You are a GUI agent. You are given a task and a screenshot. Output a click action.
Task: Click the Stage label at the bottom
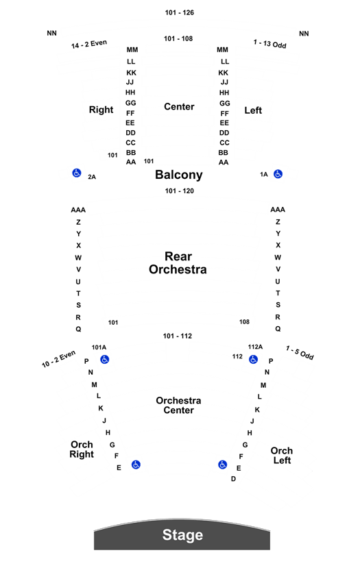pos(182,534)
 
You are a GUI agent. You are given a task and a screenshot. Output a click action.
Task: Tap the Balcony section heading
pos(179,175)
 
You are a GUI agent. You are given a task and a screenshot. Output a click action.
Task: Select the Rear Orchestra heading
pos(178,263)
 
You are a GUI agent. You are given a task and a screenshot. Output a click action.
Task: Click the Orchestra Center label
pos(178,406)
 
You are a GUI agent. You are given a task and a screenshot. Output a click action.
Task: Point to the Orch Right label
pos(82,449)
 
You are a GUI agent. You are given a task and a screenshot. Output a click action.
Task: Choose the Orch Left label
pos(282,455)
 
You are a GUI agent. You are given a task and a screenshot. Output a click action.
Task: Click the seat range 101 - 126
pos(179,12)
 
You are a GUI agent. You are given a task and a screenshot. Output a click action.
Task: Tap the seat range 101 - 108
pos(178,38)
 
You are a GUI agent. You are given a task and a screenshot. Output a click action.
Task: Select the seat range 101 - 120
pos(179,191)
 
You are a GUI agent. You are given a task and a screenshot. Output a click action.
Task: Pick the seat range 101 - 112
pos(178,336)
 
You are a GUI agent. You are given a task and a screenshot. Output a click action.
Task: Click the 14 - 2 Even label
pos(89,44)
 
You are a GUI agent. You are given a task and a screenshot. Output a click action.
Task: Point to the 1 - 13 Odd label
pos(269,44)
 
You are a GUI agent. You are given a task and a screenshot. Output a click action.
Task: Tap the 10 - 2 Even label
pos(58,359)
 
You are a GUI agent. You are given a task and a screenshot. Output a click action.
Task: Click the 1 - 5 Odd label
pos(300,353)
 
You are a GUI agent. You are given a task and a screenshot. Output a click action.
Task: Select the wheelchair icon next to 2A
pos(77,173)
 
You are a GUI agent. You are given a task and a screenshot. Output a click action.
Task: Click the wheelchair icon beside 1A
pos(278,174)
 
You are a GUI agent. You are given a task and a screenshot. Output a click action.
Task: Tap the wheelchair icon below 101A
pos(105,359)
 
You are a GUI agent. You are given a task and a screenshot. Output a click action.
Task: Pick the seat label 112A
pos(255,347)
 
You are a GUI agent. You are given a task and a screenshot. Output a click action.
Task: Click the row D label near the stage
pos(233,479)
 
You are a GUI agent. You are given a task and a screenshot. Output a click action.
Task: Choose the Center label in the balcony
pos(179,107)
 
